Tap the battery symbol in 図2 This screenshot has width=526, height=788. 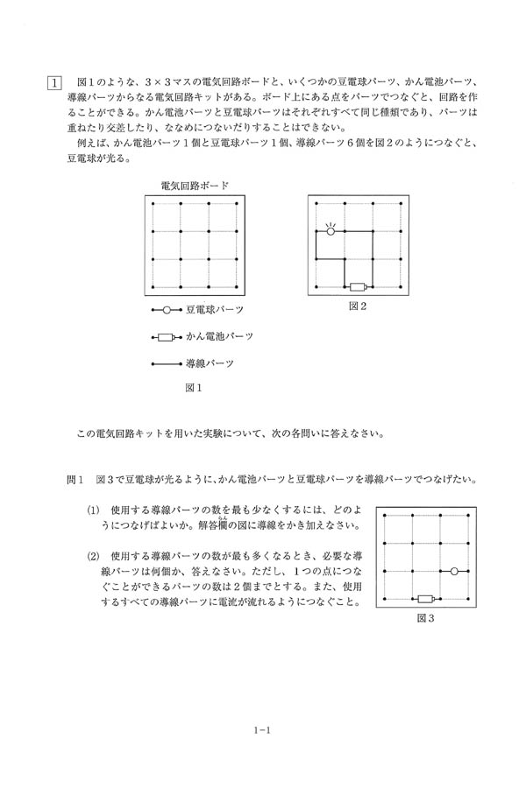pos(356,288)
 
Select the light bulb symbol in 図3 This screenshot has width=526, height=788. pos(454,571)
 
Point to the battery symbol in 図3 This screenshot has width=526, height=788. pos(426,599)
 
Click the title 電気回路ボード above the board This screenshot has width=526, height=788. pos(195,185)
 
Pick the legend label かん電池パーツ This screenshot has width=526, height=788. pos(219,336)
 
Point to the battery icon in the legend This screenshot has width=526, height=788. pos(166,336)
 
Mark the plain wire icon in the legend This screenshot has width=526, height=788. pos(166,362)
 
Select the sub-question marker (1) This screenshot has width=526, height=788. pos(92,510)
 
